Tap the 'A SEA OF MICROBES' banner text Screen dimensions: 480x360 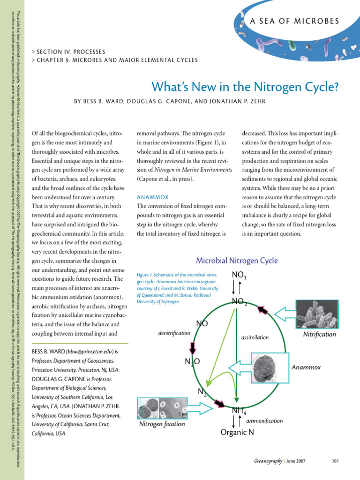pos(295,21)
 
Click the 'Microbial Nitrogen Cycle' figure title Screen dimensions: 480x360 pos(236,261)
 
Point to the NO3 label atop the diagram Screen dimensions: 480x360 pos(239,275)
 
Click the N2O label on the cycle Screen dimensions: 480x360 pos(193,361)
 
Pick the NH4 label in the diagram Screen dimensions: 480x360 pos(239,411)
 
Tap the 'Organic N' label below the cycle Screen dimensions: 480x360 pos(237,432)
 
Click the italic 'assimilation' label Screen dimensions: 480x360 pos(255,337)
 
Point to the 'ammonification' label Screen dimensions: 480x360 pos(264,420)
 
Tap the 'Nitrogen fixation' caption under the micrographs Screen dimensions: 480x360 pos(162,424)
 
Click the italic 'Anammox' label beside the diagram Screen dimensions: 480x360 pos(306,367)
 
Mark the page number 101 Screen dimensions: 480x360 pos(335,461)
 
